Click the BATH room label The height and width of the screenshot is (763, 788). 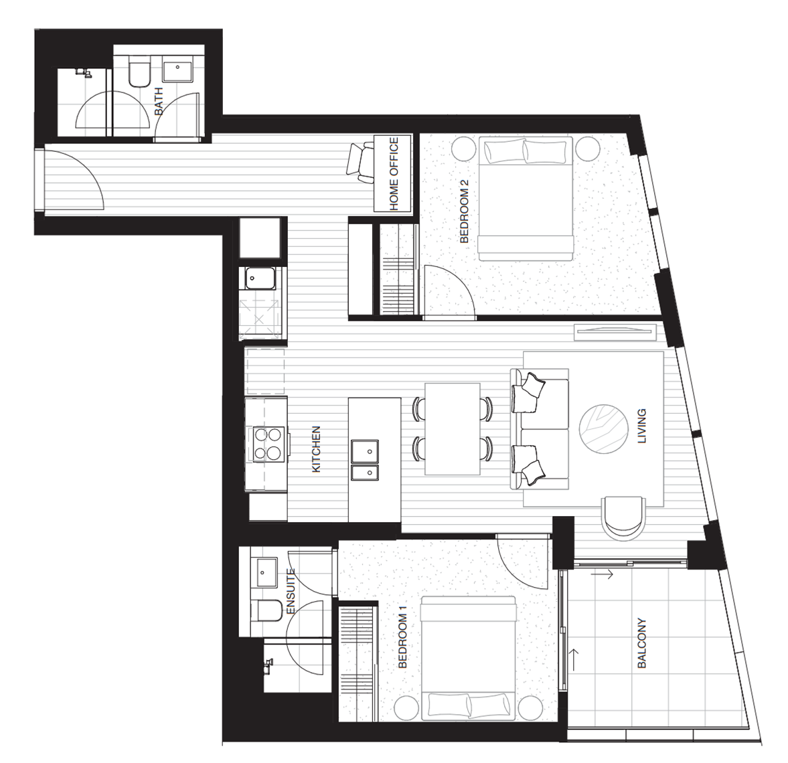point(159,101)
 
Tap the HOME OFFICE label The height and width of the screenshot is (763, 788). point(394,173)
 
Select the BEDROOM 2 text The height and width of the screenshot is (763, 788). point(464,211)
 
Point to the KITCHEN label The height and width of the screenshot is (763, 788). point(316,449)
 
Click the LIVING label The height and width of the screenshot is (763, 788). point(642,426)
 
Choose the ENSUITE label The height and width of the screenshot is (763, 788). point(290,591)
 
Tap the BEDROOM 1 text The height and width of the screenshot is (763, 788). point(402,637)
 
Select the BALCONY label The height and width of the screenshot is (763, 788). point(642,643)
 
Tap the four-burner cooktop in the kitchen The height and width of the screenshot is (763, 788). point(268,444)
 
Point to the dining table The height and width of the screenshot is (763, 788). point(453,428)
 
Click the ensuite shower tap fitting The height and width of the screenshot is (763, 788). point(269,666)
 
